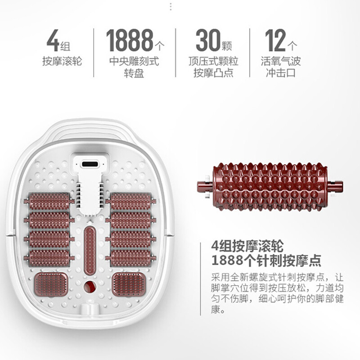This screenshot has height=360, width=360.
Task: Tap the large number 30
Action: point(207,41)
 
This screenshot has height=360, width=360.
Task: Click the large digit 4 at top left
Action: point(54,41)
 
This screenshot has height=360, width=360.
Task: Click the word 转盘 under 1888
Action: point(134,72)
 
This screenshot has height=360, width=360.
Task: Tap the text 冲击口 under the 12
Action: point(280,72)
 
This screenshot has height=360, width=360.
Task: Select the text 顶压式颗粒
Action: point(213,61)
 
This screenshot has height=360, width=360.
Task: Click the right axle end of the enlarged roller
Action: point(336,185)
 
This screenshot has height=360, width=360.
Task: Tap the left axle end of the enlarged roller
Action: point(203,185)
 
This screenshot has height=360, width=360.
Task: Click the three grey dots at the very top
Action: point(170,7)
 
